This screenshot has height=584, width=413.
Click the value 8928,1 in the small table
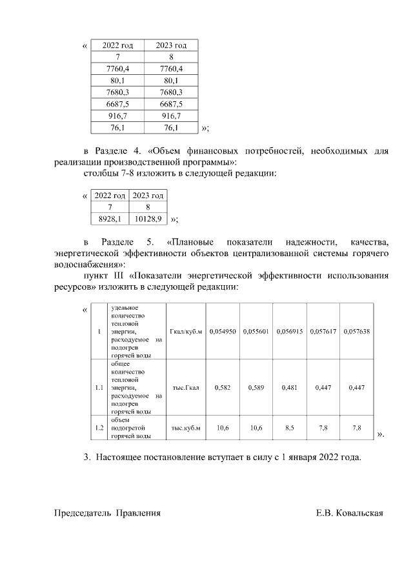pos(110,219)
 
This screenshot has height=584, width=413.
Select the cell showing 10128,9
pos(148,219)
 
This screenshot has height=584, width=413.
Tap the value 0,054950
pos(223,331)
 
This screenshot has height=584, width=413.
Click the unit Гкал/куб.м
pos(186,331)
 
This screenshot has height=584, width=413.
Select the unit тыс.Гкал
pos(186,388)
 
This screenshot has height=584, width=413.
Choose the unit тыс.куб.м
pos(186,428)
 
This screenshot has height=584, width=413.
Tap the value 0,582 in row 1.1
pos(223,388)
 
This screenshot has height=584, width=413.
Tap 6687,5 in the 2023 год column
pos(171,103)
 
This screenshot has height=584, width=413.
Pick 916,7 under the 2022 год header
pos(117,116)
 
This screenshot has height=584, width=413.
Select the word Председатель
pos(83,513)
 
